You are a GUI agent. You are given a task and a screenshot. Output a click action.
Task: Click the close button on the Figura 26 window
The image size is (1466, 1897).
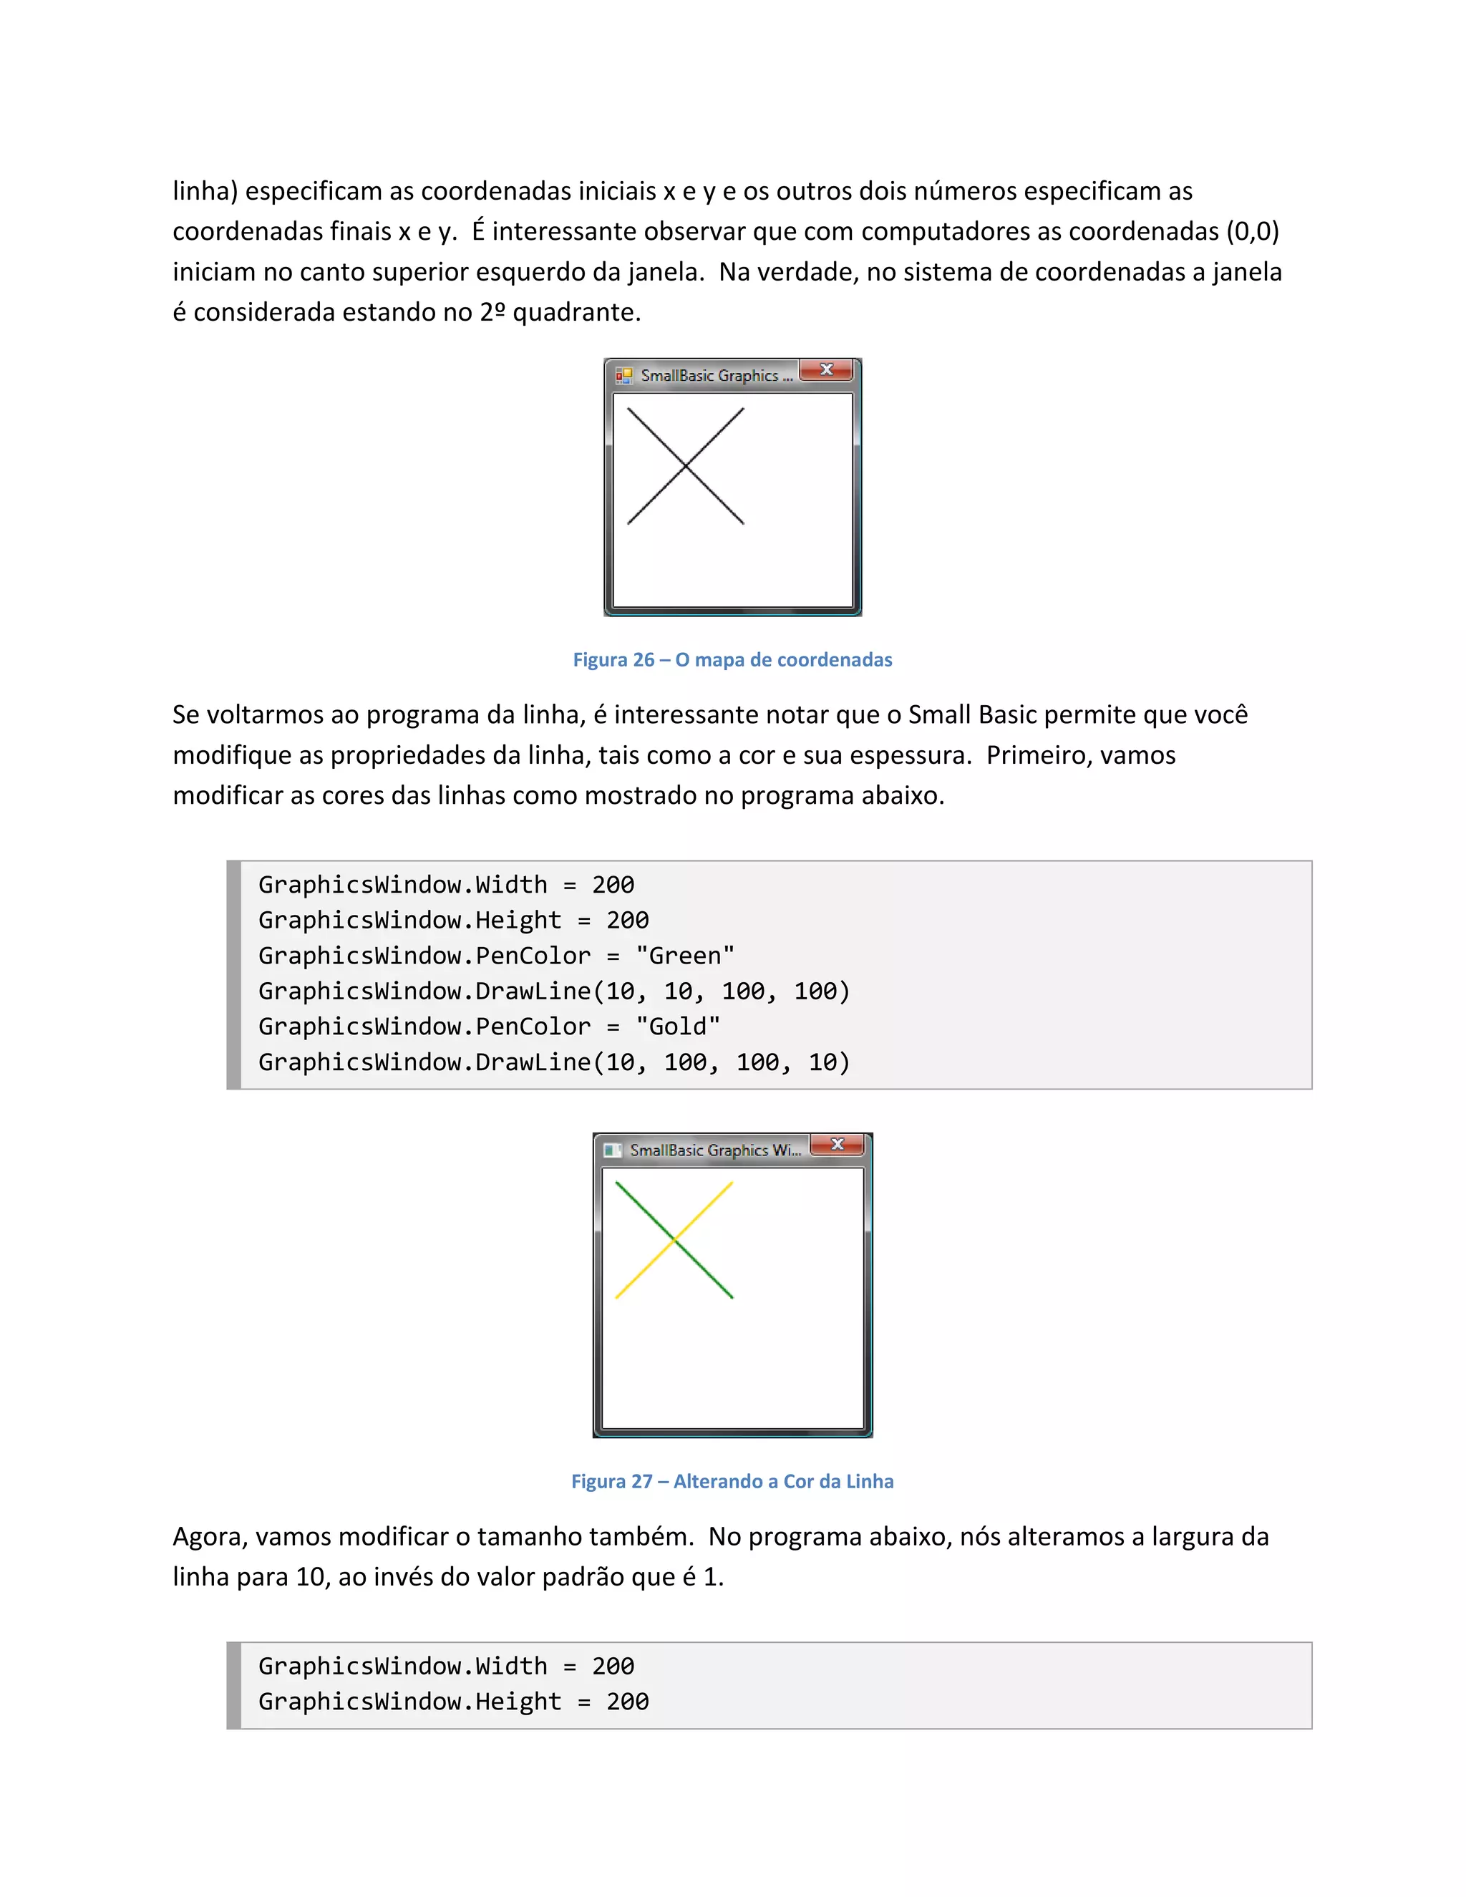pos(826,370)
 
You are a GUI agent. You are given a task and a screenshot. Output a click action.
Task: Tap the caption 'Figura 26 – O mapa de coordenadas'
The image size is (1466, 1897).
pos(732,660)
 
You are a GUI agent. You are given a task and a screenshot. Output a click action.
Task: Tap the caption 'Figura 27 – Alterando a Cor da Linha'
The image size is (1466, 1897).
pos(732,1482)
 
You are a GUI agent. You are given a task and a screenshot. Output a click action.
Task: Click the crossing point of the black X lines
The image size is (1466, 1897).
pos(685,467)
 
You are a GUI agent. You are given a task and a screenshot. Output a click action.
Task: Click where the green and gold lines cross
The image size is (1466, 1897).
pos(674,1241)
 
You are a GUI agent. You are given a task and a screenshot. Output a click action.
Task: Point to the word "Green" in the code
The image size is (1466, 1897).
pos(685,956)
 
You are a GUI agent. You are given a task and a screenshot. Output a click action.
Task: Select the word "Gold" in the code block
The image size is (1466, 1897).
pos(679,1027)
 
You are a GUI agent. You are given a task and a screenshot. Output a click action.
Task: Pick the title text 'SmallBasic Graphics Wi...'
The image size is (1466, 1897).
pos(715,1151)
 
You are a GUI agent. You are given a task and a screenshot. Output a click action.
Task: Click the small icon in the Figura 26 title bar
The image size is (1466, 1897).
pos(623,376)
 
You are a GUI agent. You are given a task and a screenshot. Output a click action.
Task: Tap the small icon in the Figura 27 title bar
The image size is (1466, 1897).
pos(612,1151)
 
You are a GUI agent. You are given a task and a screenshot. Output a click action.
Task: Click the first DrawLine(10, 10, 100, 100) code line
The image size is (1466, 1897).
pos(553,991)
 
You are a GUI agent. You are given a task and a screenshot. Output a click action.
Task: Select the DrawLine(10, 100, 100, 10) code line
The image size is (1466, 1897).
pos(553,1062)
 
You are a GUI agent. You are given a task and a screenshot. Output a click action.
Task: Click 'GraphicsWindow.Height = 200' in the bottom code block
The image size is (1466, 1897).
pos(453,1702)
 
